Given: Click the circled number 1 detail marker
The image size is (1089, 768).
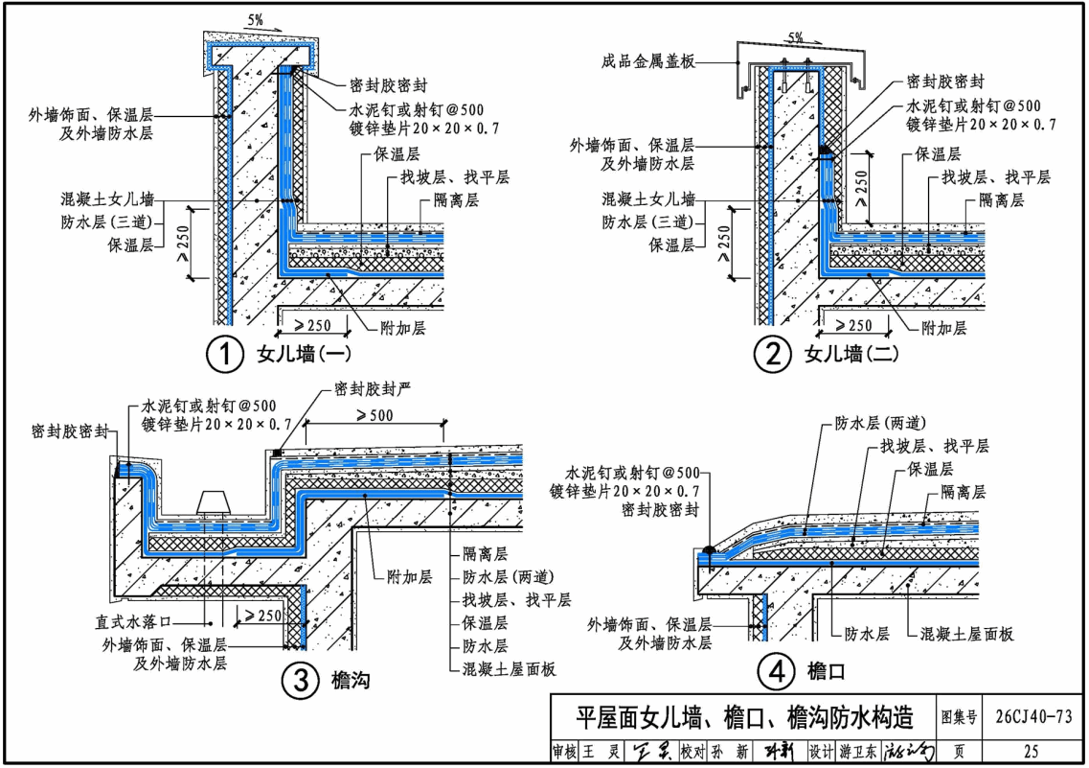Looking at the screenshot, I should click(223, 356).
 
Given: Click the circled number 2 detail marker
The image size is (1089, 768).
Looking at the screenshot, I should click(771, 356).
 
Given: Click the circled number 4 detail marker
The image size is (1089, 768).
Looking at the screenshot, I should click(773, 671).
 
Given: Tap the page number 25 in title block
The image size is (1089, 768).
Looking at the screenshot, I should click(1031, 752).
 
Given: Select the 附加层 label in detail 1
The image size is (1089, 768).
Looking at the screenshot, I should click(402, 328).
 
